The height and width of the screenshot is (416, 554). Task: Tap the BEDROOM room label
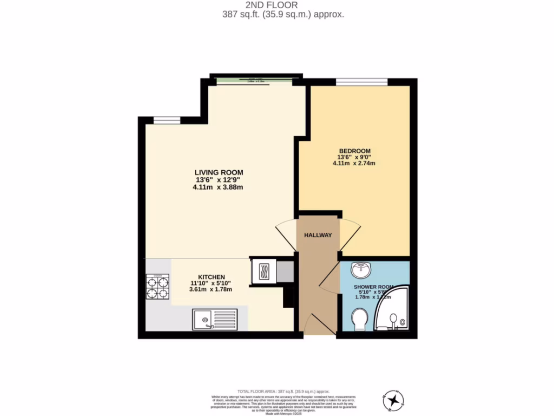354,151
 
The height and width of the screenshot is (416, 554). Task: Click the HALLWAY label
318,235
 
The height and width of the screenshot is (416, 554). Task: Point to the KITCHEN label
211,277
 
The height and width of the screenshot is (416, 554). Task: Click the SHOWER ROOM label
373,287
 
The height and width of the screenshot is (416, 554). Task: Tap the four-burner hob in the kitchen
157,287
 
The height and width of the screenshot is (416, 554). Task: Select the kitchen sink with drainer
214,319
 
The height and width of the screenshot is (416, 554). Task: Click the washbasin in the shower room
360,269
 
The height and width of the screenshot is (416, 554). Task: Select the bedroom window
361,82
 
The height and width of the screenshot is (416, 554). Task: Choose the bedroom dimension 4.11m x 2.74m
354,164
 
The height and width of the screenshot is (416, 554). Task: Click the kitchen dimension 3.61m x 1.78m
210,289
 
